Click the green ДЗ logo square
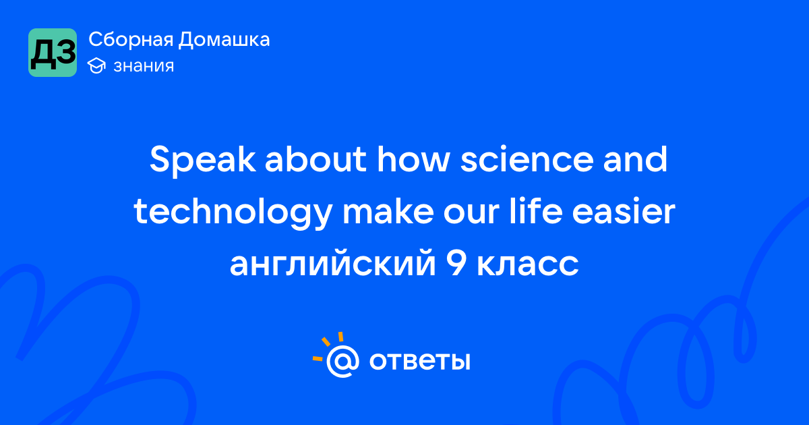53,53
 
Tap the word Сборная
131,40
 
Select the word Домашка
224,39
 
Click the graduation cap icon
96,66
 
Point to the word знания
144,66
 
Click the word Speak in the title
203,161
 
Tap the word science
527,159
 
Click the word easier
624,211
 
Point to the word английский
332,264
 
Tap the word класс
528,264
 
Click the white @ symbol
342,361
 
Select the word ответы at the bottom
419,362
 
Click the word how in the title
413,159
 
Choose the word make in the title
388,211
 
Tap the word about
316,159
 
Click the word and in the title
635,159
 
